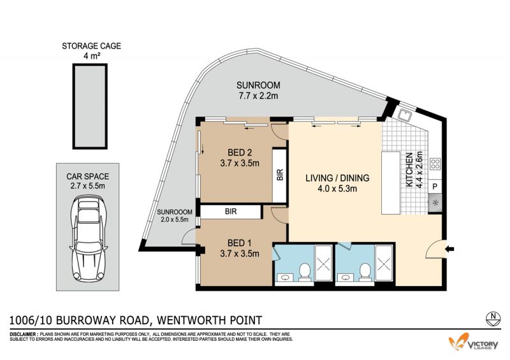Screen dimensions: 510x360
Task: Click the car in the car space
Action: click(x=88, y=238)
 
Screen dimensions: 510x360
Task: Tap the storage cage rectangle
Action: click(x=90, y=106)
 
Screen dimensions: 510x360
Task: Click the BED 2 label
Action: click(x=240, y=158)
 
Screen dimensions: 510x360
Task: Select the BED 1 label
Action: click(x=240, y=248)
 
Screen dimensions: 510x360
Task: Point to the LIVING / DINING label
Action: click(x=337, y=183)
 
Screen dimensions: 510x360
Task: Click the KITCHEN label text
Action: click(x=409, y=169)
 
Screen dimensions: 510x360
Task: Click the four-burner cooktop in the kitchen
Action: click(x=435, y=164)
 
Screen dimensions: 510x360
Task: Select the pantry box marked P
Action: click(x=435, y=187)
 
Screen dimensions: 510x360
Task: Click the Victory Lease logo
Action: click(x=473, y=343)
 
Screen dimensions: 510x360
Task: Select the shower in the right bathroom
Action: click(x=384, y=263)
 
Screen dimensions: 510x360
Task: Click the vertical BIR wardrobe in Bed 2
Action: click(x=279, y=175)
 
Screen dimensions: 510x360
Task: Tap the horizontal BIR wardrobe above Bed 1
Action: click(x=231, y=212)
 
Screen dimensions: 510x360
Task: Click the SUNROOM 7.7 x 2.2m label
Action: click(x=258, y=90)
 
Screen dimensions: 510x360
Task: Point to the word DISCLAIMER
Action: click(x=24, y=335)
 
